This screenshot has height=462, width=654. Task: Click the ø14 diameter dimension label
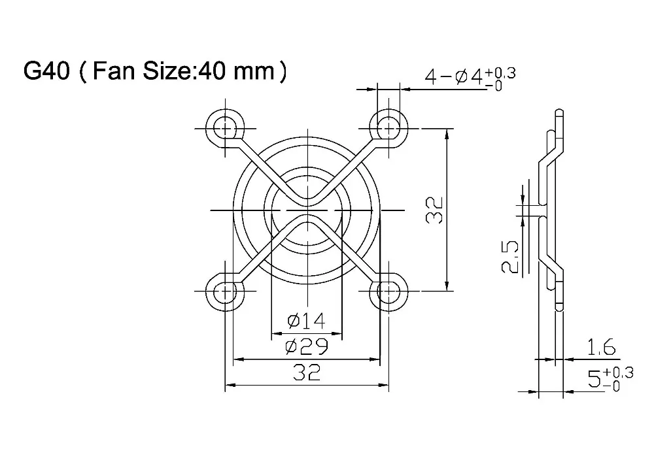[305, 321]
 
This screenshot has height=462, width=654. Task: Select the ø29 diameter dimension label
[305, 346]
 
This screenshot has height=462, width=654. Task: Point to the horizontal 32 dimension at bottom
[305, 372]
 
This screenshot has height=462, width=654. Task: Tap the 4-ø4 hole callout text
[454, 78]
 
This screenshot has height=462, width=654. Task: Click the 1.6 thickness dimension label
[600, 348]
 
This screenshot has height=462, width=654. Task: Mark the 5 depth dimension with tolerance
[594, 380]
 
